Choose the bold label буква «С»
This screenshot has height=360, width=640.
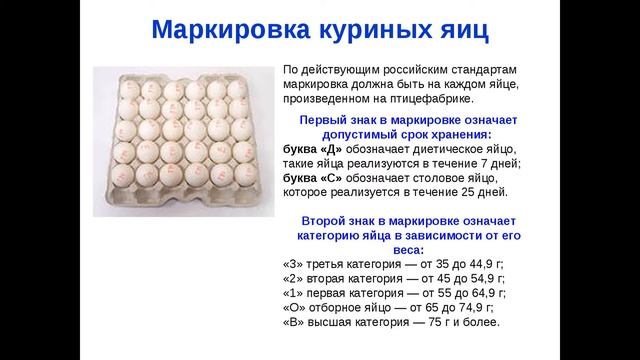coord(314,178)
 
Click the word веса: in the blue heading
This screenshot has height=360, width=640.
coord(407,249)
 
